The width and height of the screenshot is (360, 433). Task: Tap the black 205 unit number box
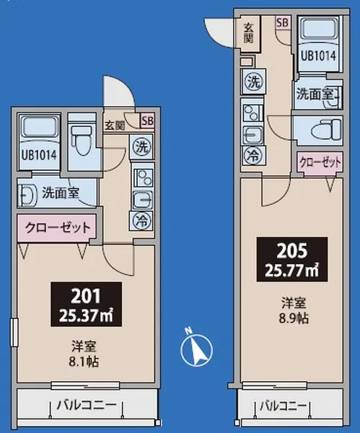293,260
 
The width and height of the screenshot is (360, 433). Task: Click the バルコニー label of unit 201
87,406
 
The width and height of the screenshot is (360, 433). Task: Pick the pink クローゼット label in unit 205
318,162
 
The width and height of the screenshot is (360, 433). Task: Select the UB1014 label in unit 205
318,54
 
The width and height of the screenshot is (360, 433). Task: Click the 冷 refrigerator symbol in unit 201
141,218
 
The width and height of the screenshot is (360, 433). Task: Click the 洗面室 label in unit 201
59,193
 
